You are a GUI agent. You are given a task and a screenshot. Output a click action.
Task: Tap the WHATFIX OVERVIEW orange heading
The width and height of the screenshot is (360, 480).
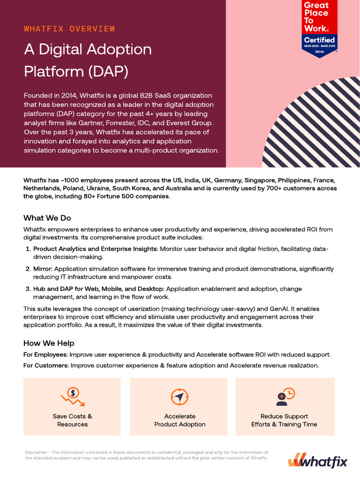69,29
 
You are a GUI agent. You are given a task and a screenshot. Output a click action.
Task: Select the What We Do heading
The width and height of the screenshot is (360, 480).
47,218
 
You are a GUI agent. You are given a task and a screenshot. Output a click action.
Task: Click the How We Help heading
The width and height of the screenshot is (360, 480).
49,343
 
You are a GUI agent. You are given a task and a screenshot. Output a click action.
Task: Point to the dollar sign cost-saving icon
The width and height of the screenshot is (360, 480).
72,397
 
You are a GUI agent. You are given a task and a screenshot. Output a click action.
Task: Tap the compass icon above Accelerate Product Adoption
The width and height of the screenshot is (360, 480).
180,397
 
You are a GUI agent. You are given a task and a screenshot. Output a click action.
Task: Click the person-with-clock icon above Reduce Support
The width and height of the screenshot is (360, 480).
285,397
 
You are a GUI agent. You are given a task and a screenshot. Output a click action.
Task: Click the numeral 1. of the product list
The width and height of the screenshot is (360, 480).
28,249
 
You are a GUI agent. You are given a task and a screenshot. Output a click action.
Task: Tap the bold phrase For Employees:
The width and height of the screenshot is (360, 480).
45,354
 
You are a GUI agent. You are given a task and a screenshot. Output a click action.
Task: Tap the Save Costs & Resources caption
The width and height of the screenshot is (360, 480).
72,420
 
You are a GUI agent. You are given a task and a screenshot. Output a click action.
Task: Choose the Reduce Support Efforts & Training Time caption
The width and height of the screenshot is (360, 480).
284,420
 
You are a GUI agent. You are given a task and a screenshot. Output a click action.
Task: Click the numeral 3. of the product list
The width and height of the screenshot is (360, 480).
28,289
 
